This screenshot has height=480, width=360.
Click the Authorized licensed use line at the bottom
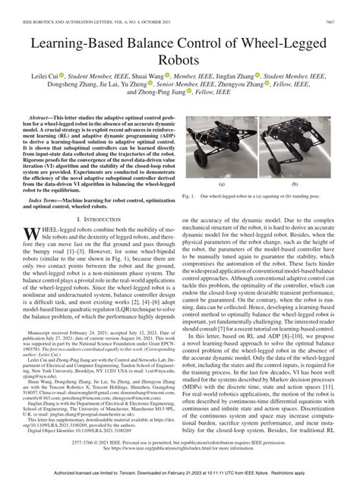click(x=180, y=472)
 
